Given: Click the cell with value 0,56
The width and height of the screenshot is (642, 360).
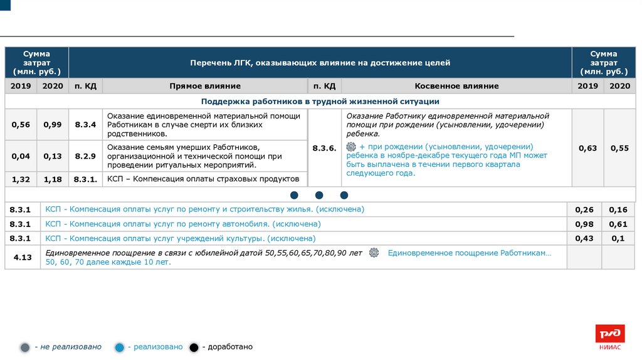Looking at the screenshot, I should click(x=21, y=125).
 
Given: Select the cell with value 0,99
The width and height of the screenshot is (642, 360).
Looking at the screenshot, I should click(x=53, y=125).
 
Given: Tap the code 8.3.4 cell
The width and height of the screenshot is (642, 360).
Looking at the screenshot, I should click(x=85, y=125).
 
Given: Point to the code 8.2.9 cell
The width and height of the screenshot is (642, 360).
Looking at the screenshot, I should click(x=85, y=156).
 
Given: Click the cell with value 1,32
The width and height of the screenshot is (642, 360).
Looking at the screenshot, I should click(x=21, y=179).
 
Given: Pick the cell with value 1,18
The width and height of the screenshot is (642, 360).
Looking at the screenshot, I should click(x=53, y=179).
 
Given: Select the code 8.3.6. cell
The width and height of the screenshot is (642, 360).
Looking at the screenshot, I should click(x=324, y=148).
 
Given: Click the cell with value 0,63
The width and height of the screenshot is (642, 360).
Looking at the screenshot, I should click(x=587, y=148).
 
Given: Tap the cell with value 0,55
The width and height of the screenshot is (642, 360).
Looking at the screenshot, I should click(x=619, y=148).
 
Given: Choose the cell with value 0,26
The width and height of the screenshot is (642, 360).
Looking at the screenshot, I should click(x=584, y=209).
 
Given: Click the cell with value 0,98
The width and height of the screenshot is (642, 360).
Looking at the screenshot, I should click(x=584, y=224).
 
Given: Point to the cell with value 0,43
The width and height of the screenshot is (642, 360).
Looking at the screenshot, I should click(x=584, y=238).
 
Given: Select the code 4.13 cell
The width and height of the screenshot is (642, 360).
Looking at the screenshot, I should click(x=23, y=257).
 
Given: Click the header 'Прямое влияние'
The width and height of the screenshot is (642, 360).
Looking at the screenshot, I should click(x=204, y=86).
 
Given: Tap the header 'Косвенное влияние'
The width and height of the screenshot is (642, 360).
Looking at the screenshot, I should click(x=456, y=86).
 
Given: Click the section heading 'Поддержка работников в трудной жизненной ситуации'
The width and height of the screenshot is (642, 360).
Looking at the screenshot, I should click(x=320, y=101).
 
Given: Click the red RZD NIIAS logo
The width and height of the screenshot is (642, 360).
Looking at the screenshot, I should click(x=609, y=336).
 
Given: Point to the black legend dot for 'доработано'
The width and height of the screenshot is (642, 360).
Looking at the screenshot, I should click(x=194, y=347).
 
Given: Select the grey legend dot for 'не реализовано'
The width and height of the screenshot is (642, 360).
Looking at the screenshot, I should click(x=25, y=347).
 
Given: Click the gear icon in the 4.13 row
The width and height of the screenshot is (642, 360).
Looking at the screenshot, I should click(x=374, y=253).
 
